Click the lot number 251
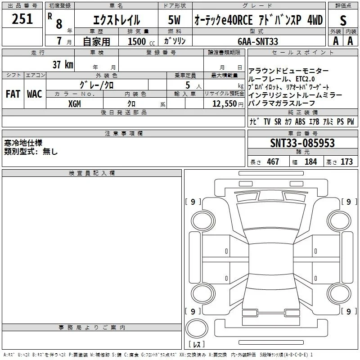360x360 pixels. pos(22,19)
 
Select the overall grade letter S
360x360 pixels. pos(343,20)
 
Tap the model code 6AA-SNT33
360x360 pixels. pos(258,41)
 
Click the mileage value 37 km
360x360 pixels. pos(63,64)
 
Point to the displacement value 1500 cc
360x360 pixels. pos(141,41)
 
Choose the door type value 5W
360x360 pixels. pos(174,20)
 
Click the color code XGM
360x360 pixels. pos(75,104)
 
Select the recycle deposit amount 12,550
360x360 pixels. pos(224,104)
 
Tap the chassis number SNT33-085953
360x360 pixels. pos(302,143)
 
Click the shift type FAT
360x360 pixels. pos(13,94)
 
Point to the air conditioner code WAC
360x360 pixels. pos(35,94)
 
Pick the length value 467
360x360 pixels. pos(273,162)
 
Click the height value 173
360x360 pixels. pos(346,162)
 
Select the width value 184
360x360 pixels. pos(310,162)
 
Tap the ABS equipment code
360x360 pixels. pos(300,121)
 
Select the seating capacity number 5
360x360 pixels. pos(188,85)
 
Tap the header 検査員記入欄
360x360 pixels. pos(92,173)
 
